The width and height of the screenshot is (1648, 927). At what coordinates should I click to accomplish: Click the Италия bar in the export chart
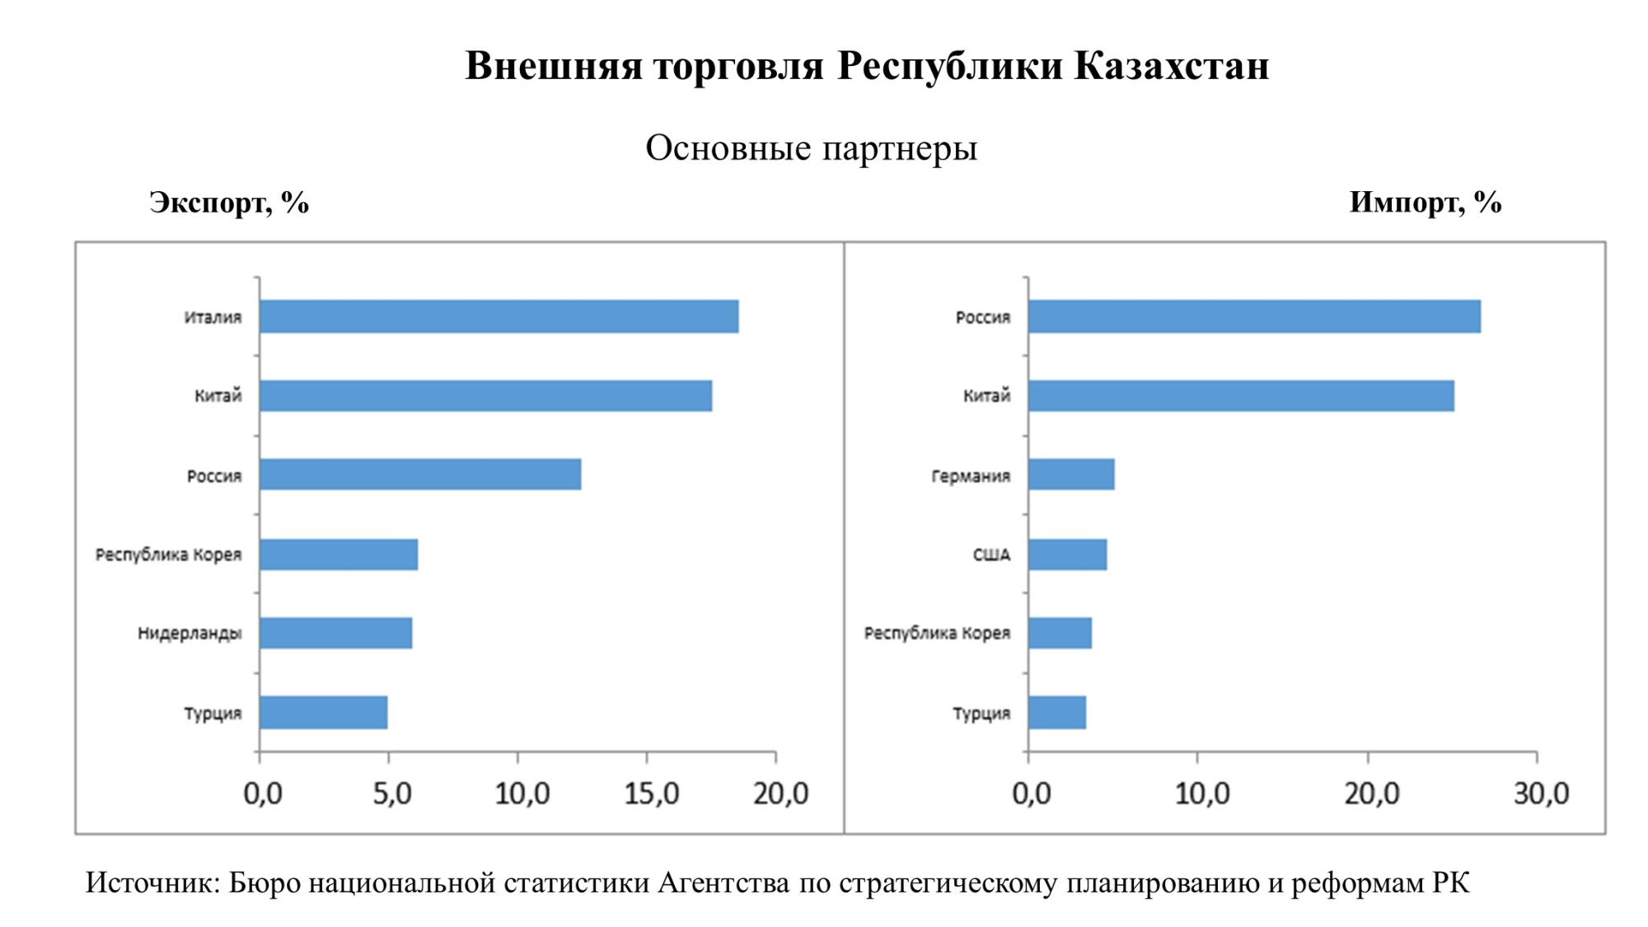click(499, 316)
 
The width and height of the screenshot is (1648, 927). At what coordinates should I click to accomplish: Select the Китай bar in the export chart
click(485, 396)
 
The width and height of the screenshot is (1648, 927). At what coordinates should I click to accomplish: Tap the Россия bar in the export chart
click(420, 475)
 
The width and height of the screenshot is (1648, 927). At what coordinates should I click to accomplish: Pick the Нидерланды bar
click(335, 633)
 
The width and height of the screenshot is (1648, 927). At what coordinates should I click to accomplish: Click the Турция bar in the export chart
click(323, 713)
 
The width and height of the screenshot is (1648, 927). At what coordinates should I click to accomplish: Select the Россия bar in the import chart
click(1253, 316)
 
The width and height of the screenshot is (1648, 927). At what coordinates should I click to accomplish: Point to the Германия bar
click(1070, 475)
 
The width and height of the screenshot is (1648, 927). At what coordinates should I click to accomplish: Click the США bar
click(1067, 555)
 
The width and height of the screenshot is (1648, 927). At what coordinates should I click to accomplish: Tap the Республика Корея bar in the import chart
click(1060, 633)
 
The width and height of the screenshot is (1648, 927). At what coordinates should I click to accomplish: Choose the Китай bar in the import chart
click(1240, 396)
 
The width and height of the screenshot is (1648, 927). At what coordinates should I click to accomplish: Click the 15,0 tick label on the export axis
click(651, 794)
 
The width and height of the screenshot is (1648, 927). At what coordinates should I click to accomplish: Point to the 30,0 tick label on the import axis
click(1541, 794)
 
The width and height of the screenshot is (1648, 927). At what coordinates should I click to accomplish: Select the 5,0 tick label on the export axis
click(391, 794)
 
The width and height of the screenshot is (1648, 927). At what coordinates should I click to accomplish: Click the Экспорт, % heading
click(229, 203)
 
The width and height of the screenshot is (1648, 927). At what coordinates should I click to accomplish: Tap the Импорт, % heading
click(1425, 203)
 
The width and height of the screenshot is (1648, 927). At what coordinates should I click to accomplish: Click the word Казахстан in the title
click(1171, 66)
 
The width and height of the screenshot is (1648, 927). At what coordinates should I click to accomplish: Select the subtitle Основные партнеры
click(811, 148)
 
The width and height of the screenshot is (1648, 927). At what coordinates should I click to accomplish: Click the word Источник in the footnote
click(152, 883)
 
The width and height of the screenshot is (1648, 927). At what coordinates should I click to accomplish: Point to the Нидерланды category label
click(190, 634)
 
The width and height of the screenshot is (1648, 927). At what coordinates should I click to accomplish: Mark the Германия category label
click(970, 476)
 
